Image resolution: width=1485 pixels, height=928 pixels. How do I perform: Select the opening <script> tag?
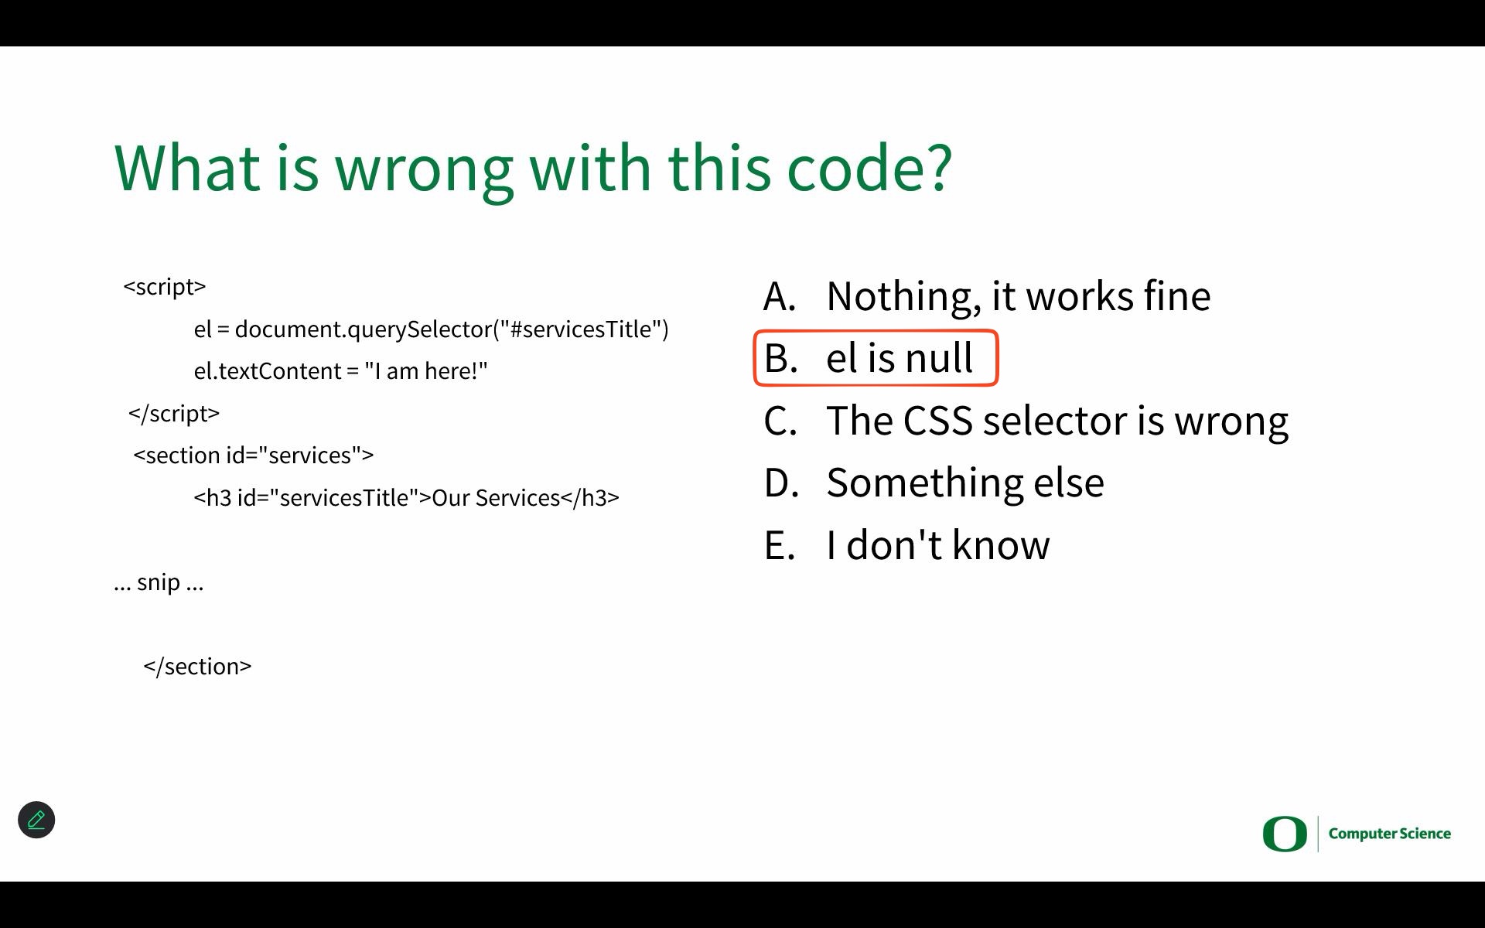click(165, 287)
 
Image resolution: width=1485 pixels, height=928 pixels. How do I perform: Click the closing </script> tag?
click(174, 414)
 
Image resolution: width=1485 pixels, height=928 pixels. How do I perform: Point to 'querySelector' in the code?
click(420, 330)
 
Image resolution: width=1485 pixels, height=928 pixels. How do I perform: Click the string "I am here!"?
click(426, 371)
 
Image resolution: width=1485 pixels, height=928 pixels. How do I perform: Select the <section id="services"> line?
click(254, 455)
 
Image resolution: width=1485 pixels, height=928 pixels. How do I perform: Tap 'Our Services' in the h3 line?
click(496, 498)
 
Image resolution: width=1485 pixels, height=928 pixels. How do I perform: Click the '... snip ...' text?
click(159, 582)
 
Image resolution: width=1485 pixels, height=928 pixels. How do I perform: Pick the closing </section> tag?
click(198, 667)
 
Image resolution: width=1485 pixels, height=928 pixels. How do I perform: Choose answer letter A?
click(780, 296)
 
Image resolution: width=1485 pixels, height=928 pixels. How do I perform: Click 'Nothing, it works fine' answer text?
click(1019, 297)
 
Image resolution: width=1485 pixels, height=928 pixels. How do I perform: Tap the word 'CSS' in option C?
click(937, 421)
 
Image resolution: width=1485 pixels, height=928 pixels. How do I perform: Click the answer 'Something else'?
click(965, 483)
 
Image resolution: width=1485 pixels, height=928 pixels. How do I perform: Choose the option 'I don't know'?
click(938, 545)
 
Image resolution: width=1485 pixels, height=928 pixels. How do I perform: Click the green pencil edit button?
click(36, 820)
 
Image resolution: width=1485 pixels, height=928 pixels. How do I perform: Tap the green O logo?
click(1285, 834)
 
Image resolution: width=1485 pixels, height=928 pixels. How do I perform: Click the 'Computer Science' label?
click(1390, 834)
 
